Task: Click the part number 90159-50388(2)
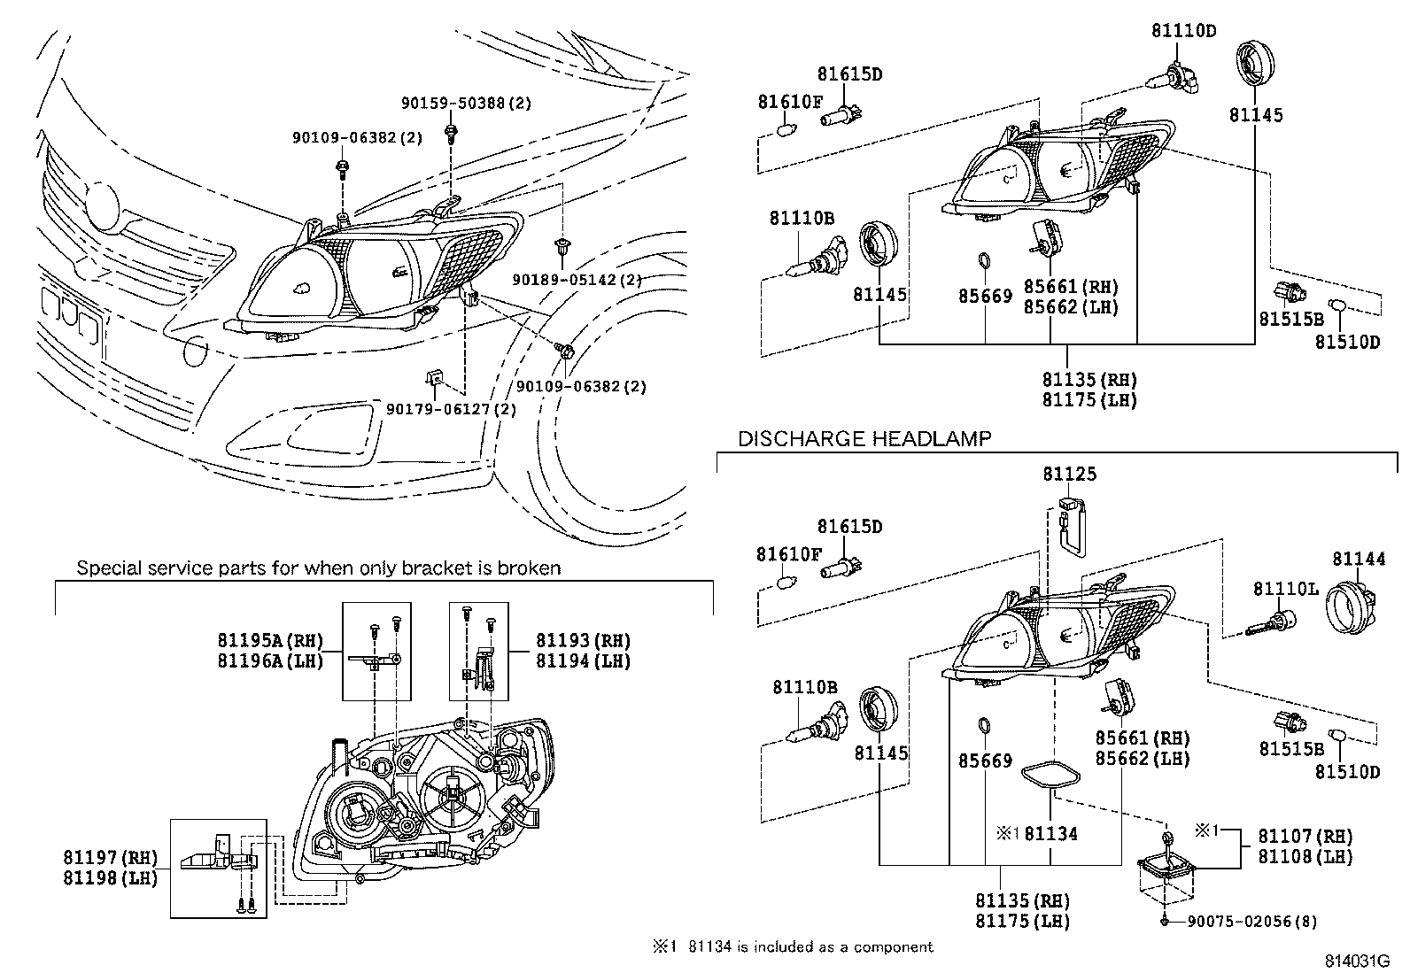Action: click(465, 104)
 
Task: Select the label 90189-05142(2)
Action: click(577, 280)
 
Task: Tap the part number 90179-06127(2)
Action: click(451, 409)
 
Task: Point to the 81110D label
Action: click(1183, 31)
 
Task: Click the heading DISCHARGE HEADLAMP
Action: click(864, 438)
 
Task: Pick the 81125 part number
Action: click(1069, 475)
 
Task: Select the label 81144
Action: click(1359, 559)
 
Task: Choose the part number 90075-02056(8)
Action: click(1251, 922)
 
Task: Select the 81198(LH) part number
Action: click(110, 877)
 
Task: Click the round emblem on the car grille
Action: click(105, 203)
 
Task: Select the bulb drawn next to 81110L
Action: click(1268, 622)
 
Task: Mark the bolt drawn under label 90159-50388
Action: click(453, 133)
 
